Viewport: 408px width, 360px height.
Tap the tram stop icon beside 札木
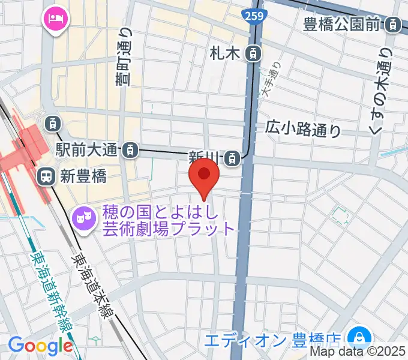pyautogui.click(x=253, y=53)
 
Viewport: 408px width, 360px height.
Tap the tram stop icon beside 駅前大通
pyautogui.click(x=128, y=151)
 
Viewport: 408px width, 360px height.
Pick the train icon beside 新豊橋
pyautogui.click(x=46, y=176)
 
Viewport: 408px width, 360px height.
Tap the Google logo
pyautogui.click(x=40, y=346)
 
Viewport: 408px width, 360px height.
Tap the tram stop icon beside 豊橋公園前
pyautogui.click(x=394, y=25)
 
